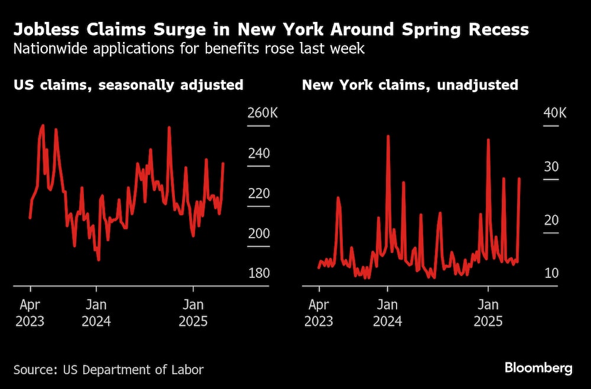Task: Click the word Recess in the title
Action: point(498,29)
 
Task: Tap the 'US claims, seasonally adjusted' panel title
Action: point(128,85)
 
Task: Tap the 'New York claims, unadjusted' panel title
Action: point(410,85)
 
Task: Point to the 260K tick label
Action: point(261,113)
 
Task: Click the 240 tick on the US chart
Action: point(258,153)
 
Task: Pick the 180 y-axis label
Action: point(258,274)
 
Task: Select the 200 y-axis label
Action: point(258,234)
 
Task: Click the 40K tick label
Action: point(554,113)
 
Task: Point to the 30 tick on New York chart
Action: point(551,167)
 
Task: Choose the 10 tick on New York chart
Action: point(551,274)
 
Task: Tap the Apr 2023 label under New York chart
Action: point(319,313)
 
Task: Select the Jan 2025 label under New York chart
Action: point(488,313)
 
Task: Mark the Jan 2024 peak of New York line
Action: point(388,136)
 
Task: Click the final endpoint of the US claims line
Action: point(223,163)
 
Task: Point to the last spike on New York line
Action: point(519,179)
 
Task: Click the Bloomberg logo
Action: point(538,368)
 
